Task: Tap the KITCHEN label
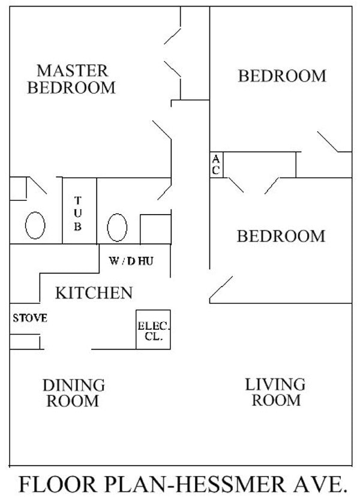pyautogui.click(x=94, y=293)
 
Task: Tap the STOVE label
pyautogui.click(x=30, y=318)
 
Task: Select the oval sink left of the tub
pyautogui.click(x=35, y=227)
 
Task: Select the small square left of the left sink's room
pyautogui.click(x=18, y=188)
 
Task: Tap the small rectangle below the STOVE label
pyautogui.click(x=25, y=342)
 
